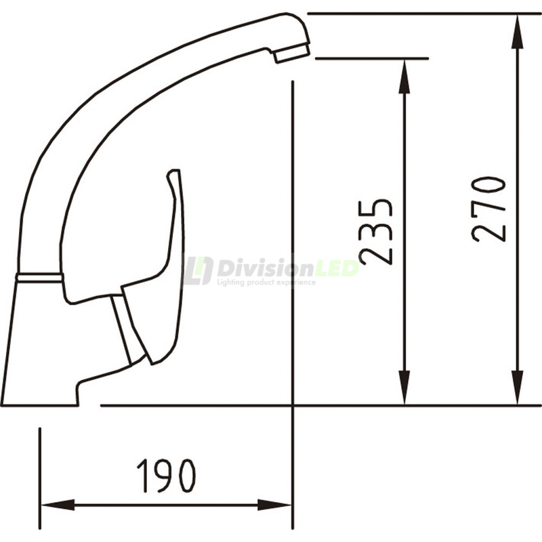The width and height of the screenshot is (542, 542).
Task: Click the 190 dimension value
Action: click(166, 476)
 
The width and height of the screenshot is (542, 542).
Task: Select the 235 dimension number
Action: click(377, 232)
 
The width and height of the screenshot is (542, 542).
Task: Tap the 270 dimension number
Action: click(489, 209)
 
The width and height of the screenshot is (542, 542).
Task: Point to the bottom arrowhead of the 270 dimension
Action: click(518, 393)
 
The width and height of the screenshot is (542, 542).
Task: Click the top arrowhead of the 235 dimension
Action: click(404, 71)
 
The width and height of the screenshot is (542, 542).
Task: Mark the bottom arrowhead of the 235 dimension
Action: click(404, 393)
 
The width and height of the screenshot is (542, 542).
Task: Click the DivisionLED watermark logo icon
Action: click(198, 270)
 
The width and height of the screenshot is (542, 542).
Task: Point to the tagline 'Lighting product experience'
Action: click(266, 282)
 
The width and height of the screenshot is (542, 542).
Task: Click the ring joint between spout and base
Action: click(39, 276)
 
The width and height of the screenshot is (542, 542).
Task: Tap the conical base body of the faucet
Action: click(37, 346)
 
